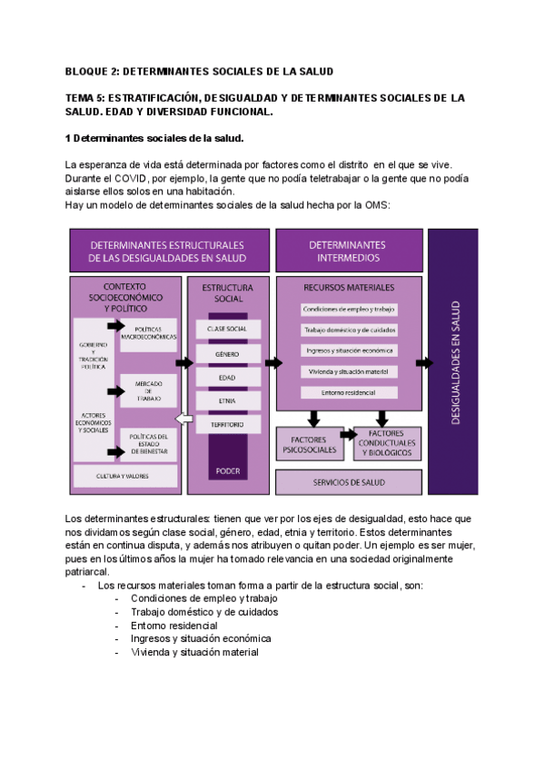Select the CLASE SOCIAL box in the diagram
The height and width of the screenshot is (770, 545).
pyautogui.click(x=228, y=328)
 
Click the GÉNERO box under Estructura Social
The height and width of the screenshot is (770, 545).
pyautogui.click(x=228, y=352)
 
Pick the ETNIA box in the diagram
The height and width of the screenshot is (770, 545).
pyautogui.click(x=228, y=400)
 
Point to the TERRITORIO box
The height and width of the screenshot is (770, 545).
pyautogui.click(x=228, y=423)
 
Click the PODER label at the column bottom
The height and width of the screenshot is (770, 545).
pyautogui.click(x=228, y=470)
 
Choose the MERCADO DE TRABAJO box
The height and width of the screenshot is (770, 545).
pyautogui.click(x=149, y=390)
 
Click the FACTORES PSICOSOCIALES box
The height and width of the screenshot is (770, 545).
pyautogui.click(x=309, y=445)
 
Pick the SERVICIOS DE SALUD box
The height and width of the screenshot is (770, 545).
pyautogui.click(x=348, y=481)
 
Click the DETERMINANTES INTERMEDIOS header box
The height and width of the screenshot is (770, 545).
pyautogui.click(x=347, y=250)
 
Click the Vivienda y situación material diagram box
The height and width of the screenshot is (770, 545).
pyautogui.click(x=347, y=370)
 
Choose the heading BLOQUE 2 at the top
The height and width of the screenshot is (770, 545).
pyautogui.click(x=200, y=71)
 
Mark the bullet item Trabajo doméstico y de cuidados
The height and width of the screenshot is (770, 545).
pyautogui.click(x=204, y=612)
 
